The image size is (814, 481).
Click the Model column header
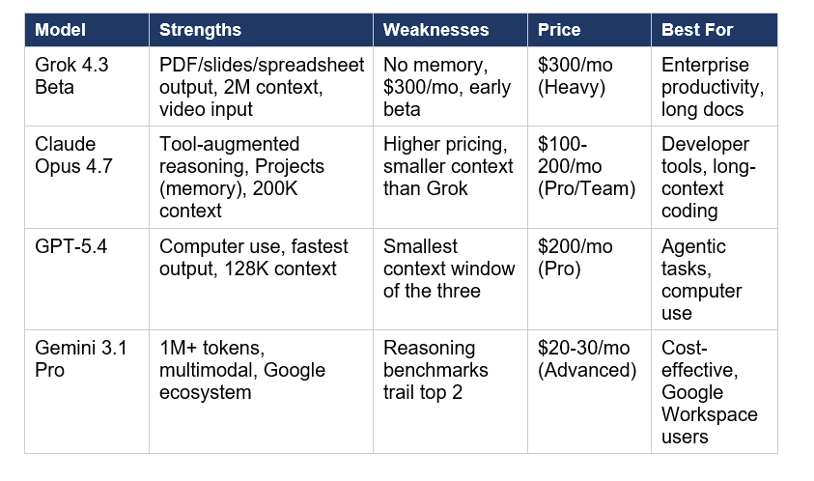[60, 30]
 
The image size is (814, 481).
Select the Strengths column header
[200, 30]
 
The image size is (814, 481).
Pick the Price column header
[559, 30]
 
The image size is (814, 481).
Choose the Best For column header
[697, 30]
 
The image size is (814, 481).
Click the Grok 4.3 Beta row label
[66, 76]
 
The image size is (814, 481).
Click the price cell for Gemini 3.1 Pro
[587, 359]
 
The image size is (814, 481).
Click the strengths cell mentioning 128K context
[253, 258]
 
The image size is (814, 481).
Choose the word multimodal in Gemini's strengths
[207, 371]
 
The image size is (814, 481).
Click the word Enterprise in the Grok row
[705, 66]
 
